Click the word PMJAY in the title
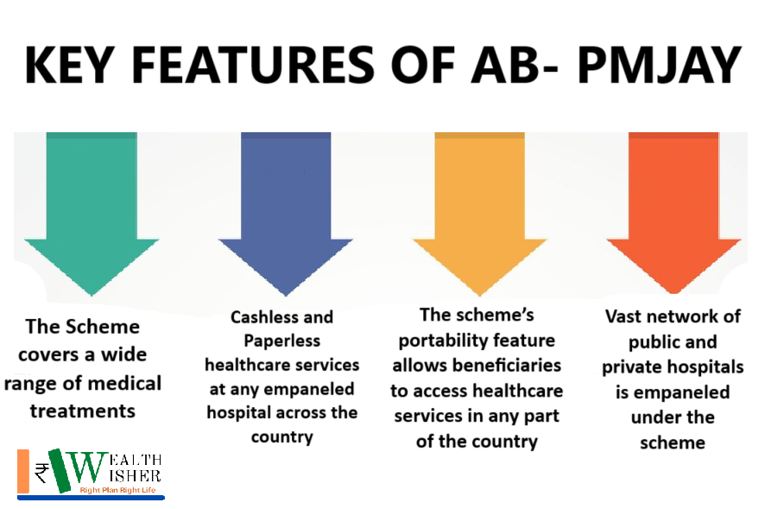(659, 64)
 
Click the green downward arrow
(92, 213)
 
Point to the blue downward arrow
(286, 213)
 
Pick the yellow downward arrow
(479, 213)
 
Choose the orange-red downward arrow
(673, 213)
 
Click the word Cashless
(264, 317)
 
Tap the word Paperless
(281, 341)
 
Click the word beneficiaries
(507, 366)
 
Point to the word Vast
(624, 316)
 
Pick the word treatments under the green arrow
(83, 411)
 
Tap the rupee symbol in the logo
(41, 473)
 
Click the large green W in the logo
(79, 470)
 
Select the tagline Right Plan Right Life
(117, 490)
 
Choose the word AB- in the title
(515, 64)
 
